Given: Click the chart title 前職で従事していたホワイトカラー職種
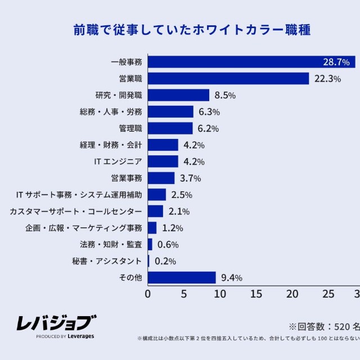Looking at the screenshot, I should tap(191, 30).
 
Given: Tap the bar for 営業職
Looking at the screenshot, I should tap(228, 79).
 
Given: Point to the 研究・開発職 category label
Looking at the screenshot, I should tap(119, 95).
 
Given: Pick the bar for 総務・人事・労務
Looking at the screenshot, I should tap(170, 112).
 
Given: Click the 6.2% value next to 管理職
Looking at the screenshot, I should tap(208, 128).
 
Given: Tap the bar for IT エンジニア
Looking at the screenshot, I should tap(163, 161).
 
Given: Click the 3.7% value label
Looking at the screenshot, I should tap(190, 178).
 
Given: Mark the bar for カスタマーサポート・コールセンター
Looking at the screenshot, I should tap(155, 211).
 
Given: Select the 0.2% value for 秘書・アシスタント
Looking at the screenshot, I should tap(165, 261).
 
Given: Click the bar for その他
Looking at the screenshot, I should tap(182, 278).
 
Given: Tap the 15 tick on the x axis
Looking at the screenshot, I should tap(256, 294).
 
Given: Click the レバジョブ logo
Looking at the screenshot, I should tap(56, 326).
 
